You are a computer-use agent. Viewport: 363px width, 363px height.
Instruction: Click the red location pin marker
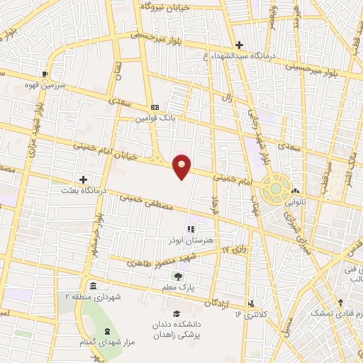click(182, 166)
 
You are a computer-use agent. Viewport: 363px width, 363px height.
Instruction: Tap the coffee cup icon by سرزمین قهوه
click(46, 73)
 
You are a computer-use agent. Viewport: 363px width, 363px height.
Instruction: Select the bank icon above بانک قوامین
click(155, 106)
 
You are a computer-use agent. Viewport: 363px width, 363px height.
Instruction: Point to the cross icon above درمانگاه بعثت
click(84, 180)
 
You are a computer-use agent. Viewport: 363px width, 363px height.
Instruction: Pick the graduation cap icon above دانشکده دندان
click(176, 313)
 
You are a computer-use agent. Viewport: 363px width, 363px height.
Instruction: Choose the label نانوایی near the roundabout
click(297, 201)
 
